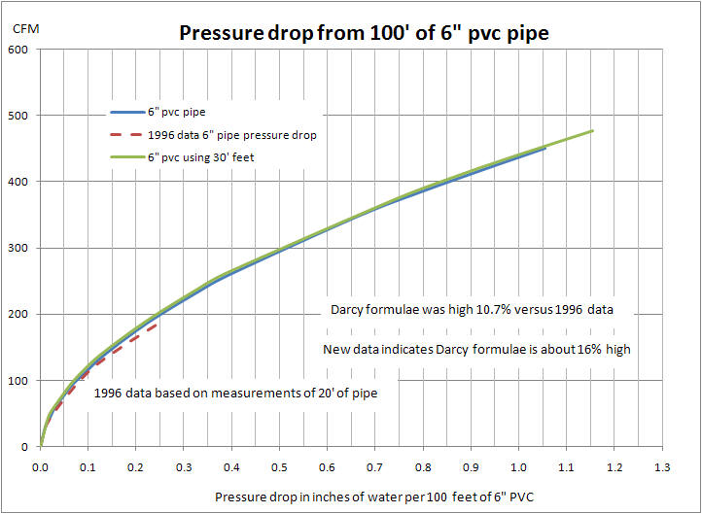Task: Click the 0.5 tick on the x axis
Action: point(280,466)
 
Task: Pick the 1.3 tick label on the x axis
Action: point(662,466)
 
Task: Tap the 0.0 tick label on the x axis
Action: point(40,466)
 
